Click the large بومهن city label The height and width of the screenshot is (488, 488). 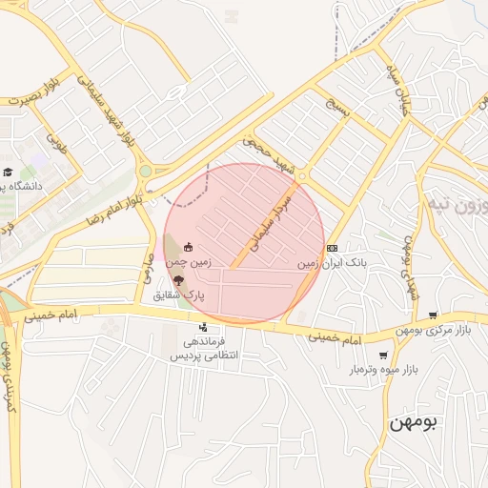(412, 424)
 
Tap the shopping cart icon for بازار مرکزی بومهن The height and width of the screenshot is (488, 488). (434, 315)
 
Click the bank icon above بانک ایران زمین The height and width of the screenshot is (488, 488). (331, 248)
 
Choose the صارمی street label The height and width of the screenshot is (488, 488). (149, 266)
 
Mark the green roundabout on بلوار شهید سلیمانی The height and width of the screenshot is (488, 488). (145, 172)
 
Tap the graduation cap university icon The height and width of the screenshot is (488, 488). (8, 173)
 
